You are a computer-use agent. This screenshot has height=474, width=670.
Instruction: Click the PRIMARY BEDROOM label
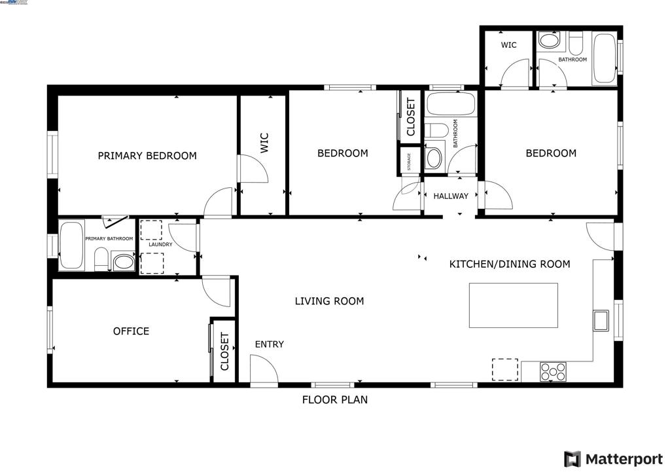(147, 156)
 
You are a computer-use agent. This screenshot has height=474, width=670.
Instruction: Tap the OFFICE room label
(131, 331)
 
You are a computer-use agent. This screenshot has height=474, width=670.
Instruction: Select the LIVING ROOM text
(329, 301)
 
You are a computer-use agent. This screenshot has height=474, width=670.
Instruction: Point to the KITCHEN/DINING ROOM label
(509, 264)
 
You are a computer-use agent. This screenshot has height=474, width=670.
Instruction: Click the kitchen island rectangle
(514, 305)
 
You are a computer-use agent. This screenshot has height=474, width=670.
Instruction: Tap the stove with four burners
(553, 371)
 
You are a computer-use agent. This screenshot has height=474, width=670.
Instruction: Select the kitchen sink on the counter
(601, 321)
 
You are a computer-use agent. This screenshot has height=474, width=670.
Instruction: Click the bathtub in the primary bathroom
(71, 246)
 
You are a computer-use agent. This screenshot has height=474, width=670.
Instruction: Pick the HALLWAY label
(451, 196)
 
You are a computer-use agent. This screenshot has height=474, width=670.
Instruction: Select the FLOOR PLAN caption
(334, 399)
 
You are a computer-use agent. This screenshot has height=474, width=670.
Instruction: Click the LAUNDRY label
(160, 245)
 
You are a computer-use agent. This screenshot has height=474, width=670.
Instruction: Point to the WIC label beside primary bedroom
(264, 143)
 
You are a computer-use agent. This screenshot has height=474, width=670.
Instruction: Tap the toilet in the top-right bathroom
(576, 43)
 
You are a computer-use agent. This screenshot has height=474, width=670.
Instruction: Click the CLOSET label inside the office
(224, 352)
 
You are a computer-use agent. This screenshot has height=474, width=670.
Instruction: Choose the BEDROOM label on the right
(551, 153)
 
